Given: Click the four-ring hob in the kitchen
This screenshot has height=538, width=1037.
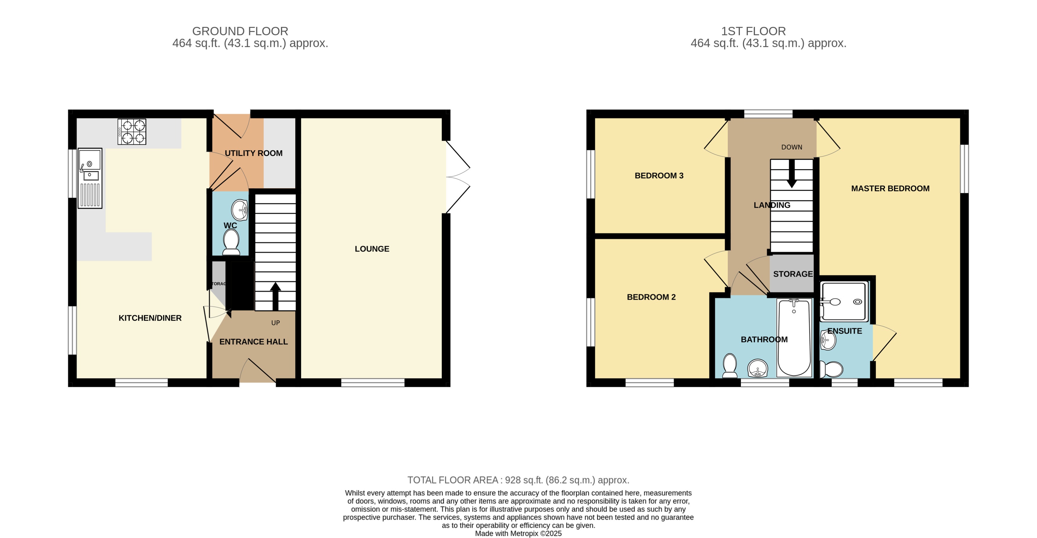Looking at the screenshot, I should (x=132, y=131).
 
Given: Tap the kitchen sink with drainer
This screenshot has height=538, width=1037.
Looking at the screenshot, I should (x=90, y=178).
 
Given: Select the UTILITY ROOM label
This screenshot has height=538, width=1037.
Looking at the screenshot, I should (x=253, y=153).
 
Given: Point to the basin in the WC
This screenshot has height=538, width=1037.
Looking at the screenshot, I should (x=240, y=210).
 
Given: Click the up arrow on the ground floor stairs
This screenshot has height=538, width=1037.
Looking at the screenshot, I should (x=275, y=296).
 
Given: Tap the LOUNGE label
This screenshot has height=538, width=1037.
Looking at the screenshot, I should (x=372, y=249).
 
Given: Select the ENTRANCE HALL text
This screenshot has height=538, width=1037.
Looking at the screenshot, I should (x=253, y=341).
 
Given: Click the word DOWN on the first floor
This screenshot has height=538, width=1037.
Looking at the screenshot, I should (x=791, y=147).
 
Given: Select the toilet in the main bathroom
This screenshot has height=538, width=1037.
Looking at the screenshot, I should (x=730, y=366).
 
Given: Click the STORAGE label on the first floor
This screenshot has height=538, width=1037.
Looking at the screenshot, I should (x=793, y=274).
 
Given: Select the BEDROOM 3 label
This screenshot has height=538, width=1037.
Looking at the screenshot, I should (x=659, y=175).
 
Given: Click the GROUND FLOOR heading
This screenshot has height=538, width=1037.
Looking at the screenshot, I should (x=240, y=31).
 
